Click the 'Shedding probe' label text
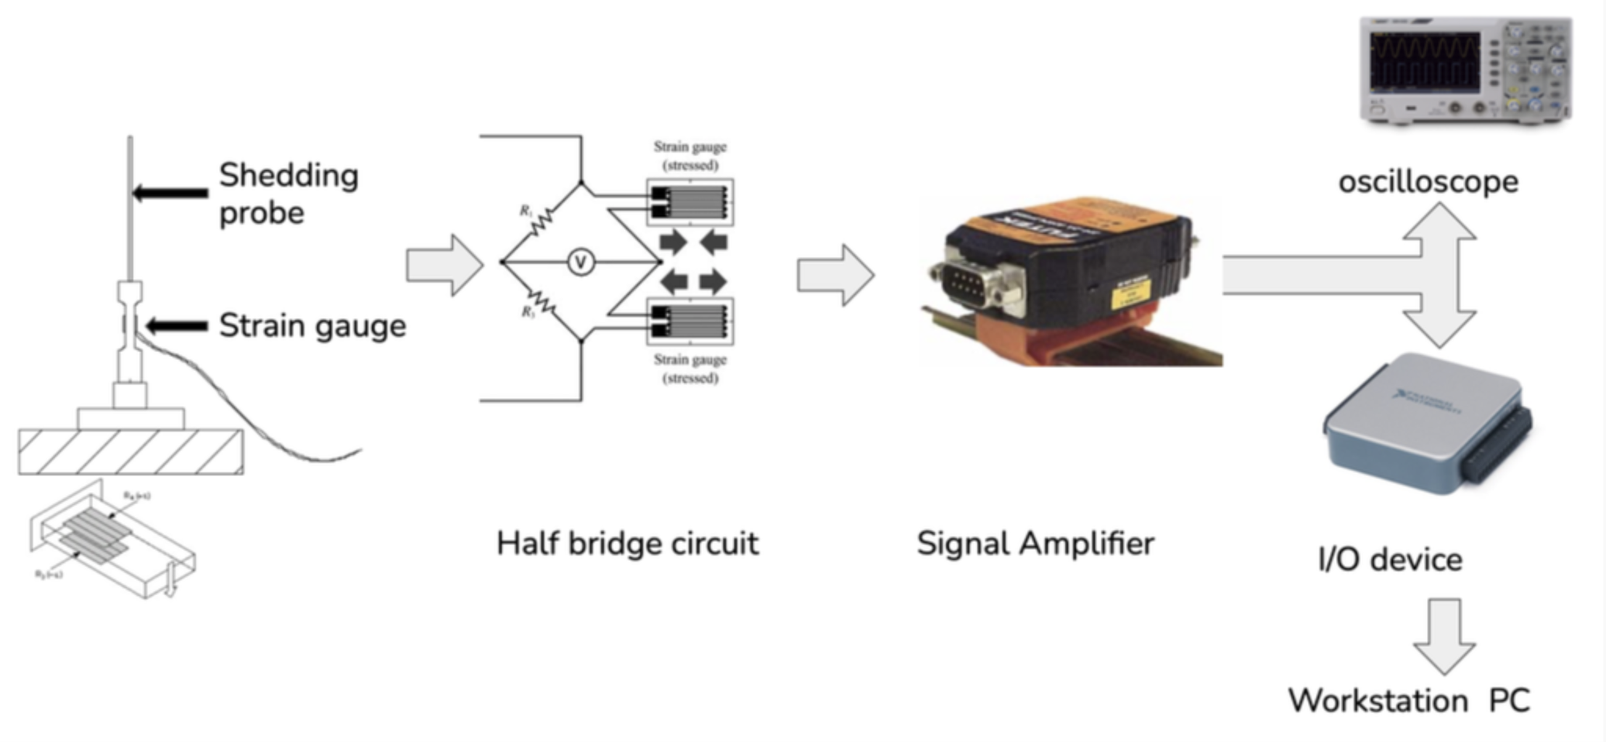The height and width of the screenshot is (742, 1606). pos(288,193)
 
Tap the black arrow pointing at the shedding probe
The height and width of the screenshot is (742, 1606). pos(170,193)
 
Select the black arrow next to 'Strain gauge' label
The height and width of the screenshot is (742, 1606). pos(176,326)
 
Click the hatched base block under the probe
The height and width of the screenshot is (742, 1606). pos(131,451)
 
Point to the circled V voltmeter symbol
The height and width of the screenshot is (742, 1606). pos(580,262)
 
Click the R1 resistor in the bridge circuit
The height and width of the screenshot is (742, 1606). pos(540,222)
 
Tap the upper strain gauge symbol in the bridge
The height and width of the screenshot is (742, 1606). pos(690,202)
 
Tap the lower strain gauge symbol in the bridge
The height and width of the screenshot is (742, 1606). pos(690,322)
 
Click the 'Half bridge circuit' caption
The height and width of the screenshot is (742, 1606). pos(627,543)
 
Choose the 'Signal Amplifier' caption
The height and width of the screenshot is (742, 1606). pos(1035,543)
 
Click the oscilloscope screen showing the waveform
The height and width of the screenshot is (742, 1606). pos(1424,62)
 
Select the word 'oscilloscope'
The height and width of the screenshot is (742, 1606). pos(1428,181)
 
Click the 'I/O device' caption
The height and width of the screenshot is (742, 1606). pos(1389,559)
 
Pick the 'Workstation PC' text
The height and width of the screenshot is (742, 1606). pos(1408,701)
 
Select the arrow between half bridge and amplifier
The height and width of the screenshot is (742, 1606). pos(835,275)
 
